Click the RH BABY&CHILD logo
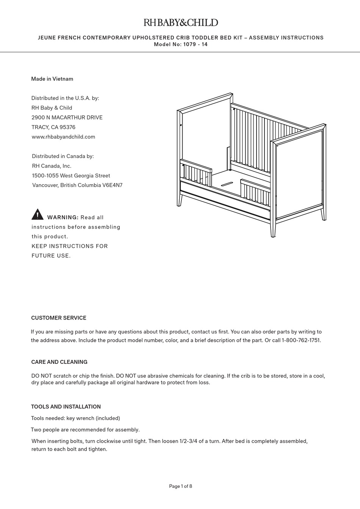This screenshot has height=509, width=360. (x=180, y=23)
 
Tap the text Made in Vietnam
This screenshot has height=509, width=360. (x=52, y=79)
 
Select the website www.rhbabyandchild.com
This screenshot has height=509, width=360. (x=63, y=137)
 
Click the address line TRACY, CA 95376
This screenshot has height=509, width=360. (x=53, y=127)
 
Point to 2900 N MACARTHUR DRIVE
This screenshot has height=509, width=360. (x=67, y=117)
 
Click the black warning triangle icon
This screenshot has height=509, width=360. (x=38, y=215)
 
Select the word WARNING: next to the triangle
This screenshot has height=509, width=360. (x=63, y=218)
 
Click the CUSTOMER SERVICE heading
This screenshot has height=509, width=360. (x=59, y=318)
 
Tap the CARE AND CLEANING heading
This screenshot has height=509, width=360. (x=59, y=362)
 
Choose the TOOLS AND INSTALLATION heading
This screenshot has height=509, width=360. (x=66, y=407)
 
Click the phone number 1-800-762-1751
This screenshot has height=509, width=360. (x=301, y=340)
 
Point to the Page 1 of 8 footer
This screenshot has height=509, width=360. (x=180, y=486)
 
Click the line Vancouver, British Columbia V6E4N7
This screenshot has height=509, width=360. (x=77, y=185)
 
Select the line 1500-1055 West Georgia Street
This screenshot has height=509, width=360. (x=71, y=175)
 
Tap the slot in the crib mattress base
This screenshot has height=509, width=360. (x=227, y=183)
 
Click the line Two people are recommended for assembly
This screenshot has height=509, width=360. (x=85, y=430)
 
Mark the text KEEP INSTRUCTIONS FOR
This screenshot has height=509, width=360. (x=70, y=246)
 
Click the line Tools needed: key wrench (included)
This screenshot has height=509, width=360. (x=75, y=418)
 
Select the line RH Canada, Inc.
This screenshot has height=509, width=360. (x=52, y=166)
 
